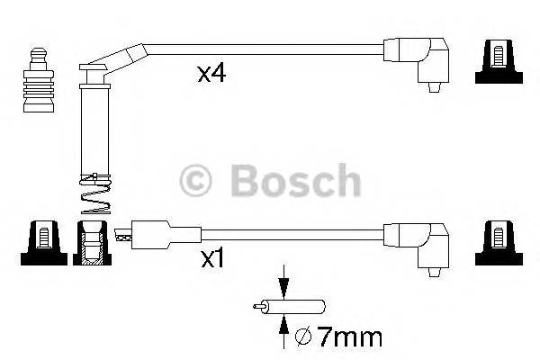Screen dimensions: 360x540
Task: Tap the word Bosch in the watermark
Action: coord(296,181)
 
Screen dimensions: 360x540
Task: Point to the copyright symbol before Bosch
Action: coord(198,181)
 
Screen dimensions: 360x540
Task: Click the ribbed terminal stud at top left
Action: coord(39,82)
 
